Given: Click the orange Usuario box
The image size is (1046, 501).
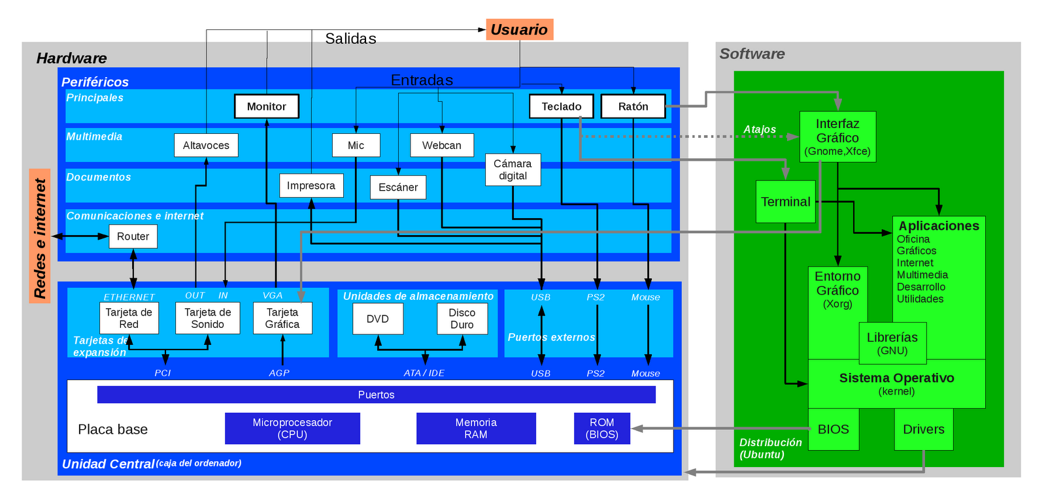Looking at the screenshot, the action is pos(519,29).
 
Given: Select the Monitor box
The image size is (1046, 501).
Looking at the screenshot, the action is pos(267,106).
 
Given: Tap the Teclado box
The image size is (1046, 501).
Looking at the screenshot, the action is pos(562,106).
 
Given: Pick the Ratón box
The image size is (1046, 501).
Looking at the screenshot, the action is pos(633,106).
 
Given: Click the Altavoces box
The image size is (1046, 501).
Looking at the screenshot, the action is pos(206,145).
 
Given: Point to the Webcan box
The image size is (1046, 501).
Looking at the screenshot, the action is pos(442,145).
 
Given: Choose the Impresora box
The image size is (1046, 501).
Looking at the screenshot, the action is pos(311,186).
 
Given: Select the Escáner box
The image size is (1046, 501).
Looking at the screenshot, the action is pos(398,187).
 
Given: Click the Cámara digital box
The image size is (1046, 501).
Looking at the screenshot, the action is pos(513,170).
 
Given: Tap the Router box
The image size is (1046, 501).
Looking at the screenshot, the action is pos(133,236).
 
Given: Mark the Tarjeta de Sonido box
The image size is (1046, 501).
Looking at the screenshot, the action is pos(208,318).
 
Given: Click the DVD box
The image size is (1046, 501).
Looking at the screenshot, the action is pos(378,319).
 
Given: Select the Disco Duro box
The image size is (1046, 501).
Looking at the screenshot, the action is pos(462,319).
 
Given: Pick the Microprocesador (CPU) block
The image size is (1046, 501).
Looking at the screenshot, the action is pos(292,428).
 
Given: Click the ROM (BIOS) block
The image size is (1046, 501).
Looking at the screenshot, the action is pos(602,428).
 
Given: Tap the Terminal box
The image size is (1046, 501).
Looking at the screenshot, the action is pos(785,202).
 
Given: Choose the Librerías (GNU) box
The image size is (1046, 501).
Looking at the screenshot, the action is pos(892,344).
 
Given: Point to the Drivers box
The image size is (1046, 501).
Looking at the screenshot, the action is pos(924,429).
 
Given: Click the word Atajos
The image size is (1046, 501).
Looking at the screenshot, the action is pos(760,129).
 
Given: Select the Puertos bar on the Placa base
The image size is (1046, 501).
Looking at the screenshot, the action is pos(377,395).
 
